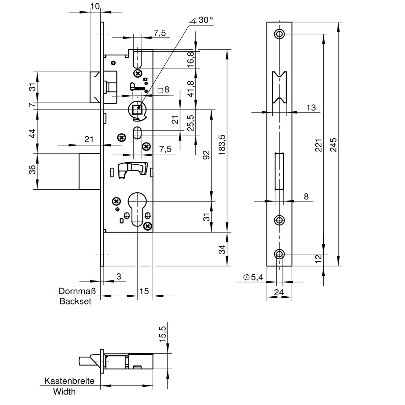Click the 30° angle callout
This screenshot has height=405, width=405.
click(x=202, y=20)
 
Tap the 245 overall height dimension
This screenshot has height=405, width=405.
click(x=334, y=144)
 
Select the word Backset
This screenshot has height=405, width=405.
click(x=75, y=301)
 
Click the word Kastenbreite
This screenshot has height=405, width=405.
click(x=70, y=381)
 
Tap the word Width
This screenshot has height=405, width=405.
click(x=64, y=392)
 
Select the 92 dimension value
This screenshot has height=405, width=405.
click(x=207, y=155)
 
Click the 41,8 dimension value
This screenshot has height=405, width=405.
click(x=191, y=89)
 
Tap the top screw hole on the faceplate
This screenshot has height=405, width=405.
click(x=279, y=34)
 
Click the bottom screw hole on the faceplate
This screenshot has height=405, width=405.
click(x=279, y=254)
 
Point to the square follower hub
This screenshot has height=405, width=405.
click(x=137, y=110)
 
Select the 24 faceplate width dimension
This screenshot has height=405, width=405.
click(x=279, y=292)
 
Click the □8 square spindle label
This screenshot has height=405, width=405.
click(x=163, y=90)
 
